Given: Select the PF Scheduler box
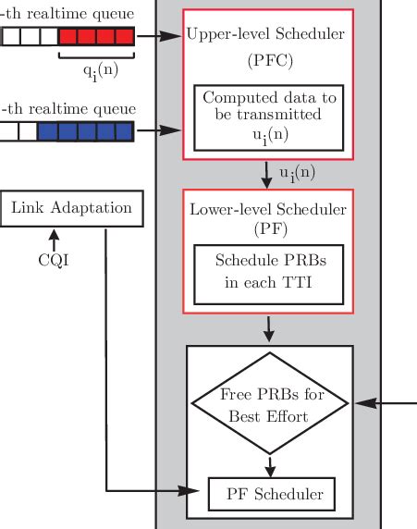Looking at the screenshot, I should (x=269, y=495).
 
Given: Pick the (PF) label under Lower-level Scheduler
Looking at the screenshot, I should (x=269, y=228).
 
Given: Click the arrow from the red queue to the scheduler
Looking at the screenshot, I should (x=159, y=37).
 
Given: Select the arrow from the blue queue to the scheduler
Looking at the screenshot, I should (x=159, y=130).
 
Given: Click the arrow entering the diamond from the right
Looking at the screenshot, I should (x=384, y=403).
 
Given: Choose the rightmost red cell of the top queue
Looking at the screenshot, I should (x=124, y=37).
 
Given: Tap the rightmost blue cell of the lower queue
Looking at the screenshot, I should (x=124, y=130).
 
